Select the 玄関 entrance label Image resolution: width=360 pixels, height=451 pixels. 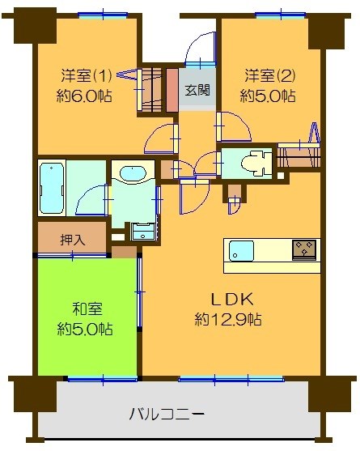tap(196, 91)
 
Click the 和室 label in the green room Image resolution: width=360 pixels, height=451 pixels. tap(85, 310)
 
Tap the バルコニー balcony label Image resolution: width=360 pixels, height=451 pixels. tap(167, 415)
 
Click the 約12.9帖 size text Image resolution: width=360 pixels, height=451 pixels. tap(227, 320)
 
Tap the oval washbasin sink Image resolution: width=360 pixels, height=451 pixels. tap(130, 173)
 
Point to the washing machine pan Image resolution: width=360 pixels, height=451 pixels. tap(143, 230)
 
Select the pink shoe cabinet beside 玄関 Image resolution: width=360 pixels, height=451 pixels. tap(172, 90)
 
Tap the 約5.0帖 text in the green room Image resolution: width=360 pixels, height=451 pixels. tap(85, 330)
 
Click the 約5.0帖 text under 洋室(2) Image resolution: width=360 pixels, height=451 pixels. tap(268, 96)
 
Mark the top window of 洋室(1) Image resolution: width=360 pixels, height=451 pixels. tap(103, 15)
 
